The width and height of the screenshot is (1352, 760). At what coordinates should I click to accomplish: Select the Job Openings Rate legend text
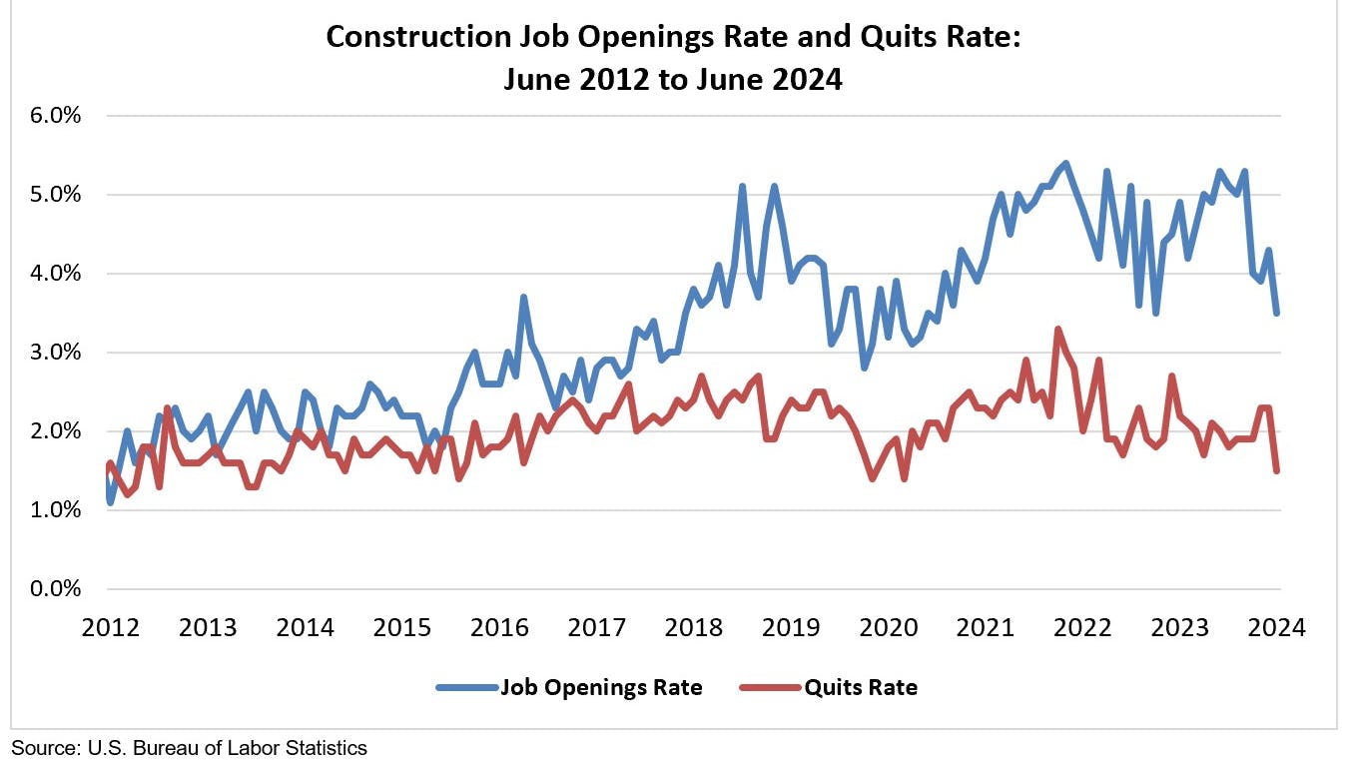pos(601,687)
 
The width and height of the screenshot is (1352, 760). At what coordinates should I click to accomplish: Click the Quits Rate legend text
pos(861,687)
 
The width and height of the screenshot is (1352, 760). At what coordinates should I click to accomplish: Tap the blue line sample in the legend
pos(466,687)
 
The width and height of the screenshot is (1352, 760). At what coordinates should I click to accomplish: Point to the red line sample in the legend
pos(770,687)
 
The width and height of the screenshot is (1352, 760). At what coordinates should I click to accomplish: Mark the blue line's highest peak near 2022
pos(1066,163)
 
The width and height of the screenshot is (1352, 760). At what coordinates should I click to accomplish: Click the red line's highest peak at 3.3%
pos(1057,329)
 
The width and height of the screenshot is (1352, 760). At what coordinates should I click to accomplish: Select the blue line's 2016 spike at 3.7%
pos(523,297)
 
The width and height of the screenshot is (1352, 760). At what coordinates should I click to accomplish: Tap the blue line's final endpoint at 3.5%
pos(1277,313)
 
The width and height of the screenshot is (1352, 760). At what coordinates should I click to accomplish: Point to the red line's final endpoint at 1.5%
pos(1277,470)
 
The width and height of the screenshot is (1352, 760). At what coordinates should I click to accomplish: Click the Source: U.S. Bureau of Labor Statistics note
pos(190,747)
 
